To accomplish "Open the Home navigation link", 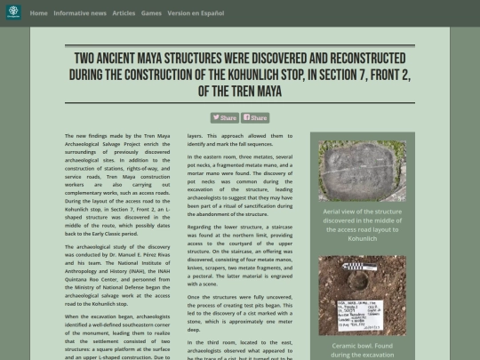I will (x=39, y=13).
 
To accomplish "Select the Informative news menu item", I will (x=80, y=13).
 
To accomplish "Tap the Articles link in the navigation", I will (x=124, y=13).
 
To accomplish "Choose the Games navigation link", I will (x=151, y=13).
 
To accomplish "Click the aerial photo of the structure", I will (x=362, y=172).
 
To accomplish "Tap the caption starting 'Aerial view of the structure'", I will (x=362, y=225).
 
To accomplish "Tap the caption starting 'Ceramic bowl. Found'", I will (x=362, y=348).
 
